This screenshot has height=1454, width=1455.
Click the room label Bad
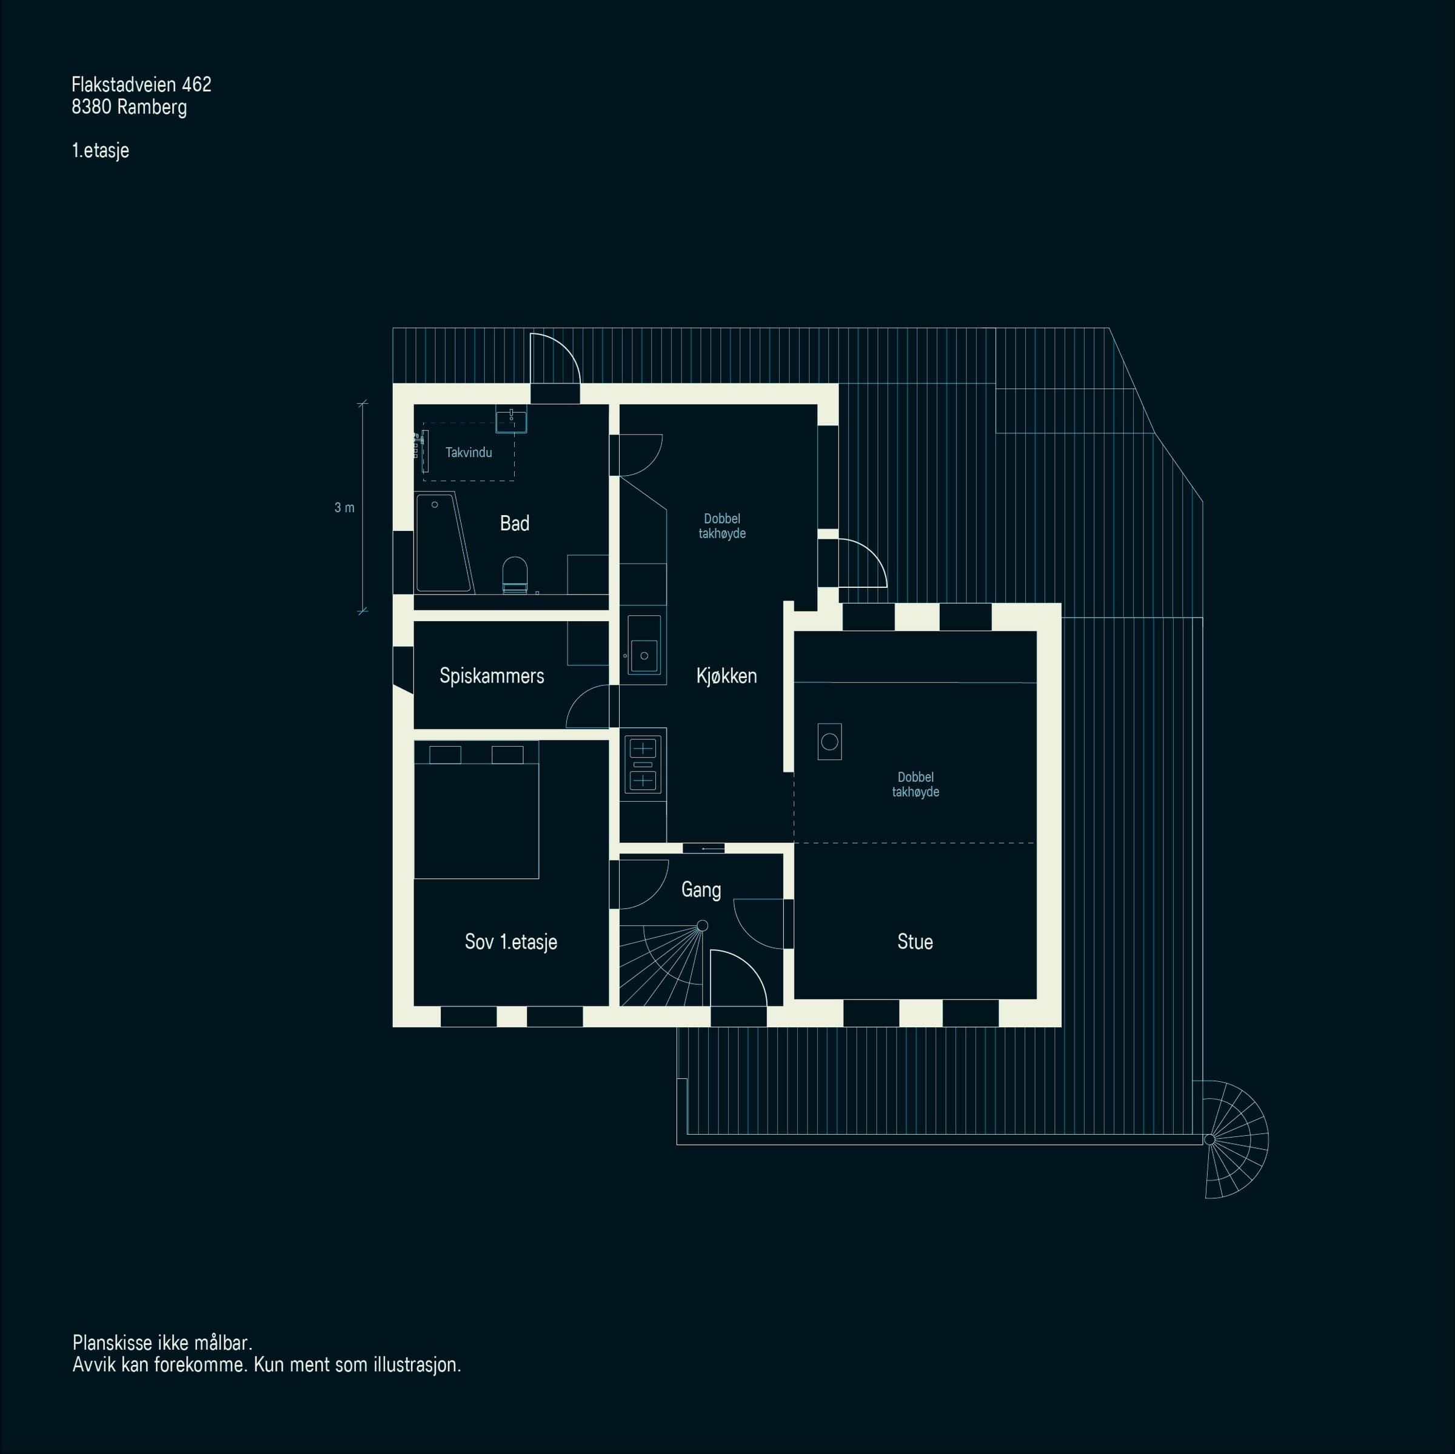514,523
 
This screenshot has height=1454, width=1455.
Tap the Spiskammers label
492,676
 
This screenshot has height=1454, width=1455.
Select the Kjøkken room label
727,676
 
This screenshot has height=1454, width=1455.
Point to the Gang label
701,890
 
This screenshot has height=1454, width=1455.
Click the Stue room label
915,942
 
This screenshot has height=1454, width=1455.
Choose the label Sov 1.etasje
510,942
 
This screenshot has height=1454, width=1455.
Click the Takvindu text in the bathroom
469,453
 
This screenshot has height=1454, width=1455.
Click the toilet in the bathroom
515,575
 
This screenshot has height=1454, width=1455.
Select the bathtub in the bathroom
444,542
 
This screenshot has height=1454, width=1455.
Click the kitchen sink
644,645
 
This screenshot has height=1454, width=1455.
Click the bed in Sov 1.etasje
477,810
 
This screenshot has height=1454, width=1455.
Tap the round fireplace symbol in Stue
829,742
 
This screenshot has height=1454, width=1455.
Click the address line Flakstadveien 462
142,84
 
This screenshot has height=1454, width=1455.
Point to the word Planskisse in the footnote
112,1342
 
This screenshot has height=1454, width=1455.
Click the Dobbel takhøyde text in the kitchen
722,526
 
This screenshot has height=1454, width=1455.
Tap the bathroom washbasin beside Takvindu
511,420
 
